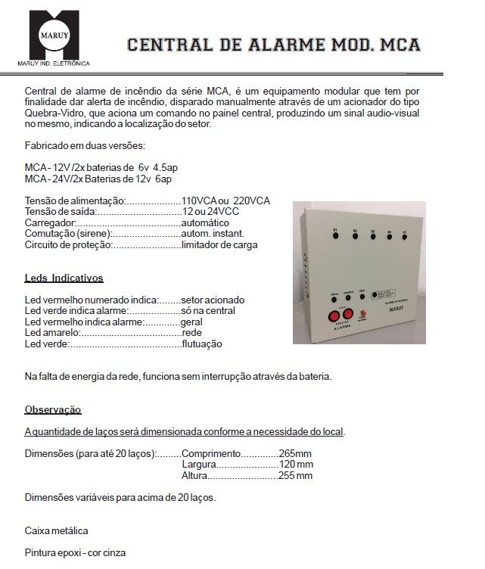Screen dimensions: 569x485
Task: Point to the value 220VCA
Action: pyautogui.click(x=250, y=201)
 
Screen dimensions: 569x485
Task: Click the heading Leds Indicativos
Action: pyautogui.click(x=64, y=278)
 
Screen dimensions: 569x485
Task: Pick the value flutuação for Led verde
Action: pyautogui.click(x=202, y=344)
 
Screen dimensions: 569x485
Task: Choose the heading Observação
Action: pyautogui.click(x=52, y=409)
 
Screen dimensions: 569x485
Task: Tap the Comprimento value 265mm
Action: pyautogui.click(x=296, y=453)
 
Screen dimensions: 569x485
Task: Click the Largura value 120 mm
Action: pyautogui.click(x=296, y=465)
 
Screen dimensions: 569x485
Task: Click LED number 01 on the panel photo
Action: pyautogui.click(x=334, y=235)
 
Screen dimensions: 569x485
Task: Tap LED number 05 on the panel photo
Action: pyautogui.click(x=405, y=235)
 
